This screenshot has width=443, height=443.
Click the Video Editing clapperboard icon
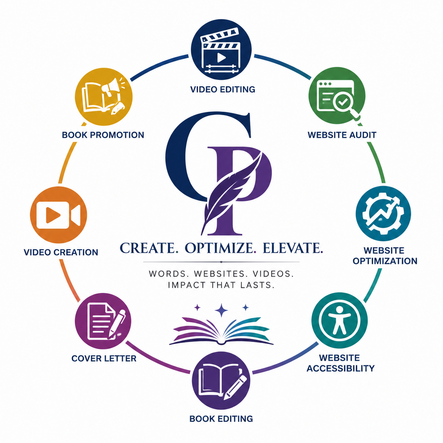(221, 49)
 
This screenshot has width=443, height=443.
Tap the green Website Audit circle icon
(337, 96)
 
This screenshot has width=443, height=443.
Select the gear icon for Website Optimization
(383, 213)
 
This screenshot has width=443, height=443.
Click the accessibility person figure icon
(339, 320)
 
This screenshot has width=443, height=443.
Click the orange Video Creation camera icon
(58, 215)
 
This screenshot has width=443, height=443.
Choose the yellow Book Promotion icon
(104, 96)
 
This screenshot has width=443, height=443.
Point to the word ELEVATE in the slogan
(293, 248)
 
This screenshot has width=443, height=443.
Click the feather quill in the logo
(231, 193)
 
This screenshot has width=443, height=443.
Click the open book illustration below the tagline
(221, 331)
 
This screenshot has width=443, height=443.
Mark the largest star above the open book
(221, 310)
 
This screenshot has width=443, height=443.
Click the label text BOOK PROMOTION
(103, 135)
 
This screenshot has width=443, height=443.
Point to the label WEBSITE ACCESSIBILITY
(341, 363)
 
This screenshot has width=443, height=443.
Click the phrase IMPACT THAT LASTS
(221, 285)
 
